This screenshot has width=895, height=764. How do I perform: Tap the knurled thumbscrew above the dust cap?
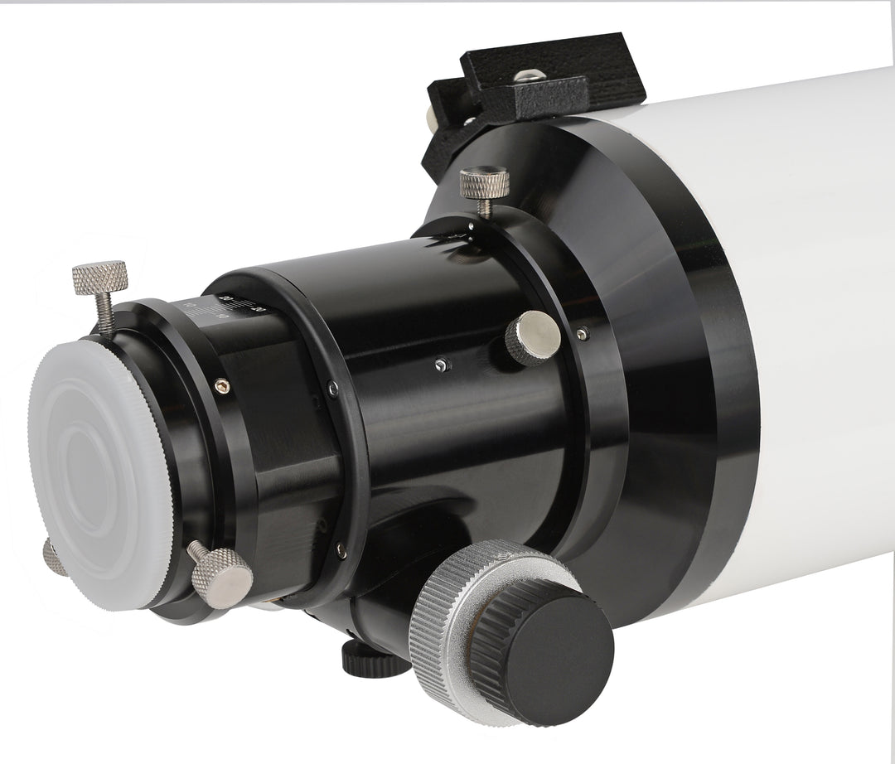point(99,277)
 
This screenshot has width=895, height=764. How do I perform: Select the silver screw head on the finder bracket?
point(524,76)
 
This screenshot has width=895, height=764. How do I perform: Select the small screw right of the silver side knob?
point(583,333)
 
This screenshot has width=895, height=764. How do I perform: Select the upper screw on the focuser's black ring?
point(331,385)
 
